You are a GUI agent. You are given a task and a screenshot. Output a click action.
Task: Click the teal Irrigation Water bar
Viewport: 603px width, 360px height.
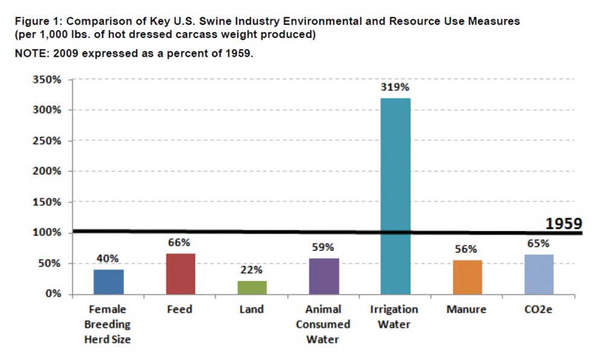coord(395,196)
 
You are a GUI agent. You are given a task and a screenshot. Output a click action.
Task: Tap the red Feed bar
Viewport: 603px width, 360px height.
coord(180,274)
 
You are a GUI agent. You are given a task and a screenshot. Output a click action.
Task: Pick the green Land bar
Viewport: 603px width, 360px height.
coord(251,288)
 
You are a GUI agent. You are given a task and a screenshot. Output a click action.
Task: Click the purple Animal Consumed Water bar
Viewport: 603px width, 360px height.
coord(324,276)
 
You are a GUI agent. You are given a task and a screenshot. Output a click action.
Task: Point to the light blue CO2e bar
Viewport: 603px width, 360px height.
coord(538,275)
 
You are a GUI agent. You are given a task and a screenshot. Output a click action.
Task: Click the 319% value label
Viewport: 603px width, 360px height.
coord(395,87)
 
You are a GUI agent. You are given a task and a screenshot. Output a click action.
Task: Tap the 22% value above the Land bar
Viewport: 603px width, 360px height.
coord(252,270)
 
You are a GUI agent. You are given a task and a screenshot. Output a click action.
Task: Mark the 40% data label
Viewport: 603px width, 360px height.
coord(108,258)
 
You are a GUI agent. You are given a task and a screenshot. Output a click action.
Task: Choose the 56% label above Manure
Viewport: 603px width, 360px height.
coord(467,248)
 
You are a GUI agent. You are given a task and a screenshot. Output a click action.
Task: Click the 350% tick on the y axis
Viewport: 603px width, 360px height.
coord(47,80)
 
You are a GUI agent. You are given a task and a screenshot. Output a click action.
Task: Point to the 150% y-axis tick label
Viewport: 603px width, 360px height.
coord(47,202)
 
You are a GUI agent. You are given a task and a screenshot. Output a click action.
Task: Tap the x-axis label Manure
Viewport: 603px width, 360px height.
coord(467,309)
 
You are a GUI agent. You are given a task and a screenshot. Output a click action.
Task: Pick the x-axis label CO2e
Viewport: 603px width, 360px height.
coord(538,309)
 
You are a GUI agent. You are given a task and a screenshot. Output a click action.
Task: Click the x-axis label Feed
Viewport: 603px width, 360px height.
coord(180,309)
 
